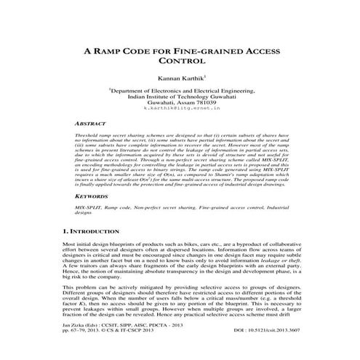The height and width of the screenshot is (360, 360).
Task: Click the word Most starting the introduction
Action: click(70, 244)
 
